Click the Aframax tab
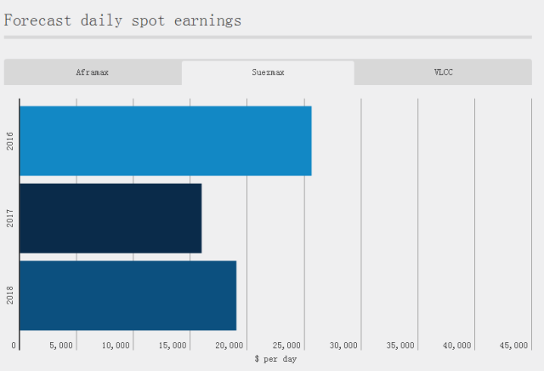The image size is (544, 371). pos(92,72)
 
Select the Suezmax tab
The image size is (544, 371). pos(268,72)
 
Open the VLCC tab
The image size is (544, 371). pos(443,72)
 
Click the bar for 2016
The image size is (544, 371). pos(165,140)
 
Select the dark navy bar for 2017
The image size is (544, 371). pos(110,218)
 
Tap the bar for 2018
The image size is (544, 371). pos(127,295)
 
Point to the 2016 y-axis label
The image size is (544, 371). pos(10,141)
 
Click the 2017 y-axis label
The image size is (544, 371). pos(10,219)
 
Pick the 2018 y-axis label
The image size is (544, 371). pos(10,296)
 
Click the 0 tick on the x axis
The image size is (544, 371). pos(14,345)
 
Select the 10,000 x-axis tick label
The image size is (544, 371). pos(116,345)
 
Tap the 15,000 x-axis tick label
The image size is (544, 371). pos(173,345)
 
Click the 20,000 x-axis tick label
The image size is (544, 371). pos(230,345)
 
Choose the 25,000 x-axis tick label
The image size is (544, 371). pos(287,345)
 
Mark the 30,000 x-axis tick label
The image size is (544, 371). pos(344,345)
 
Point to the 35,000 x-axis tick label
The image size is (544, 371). pos(401,345)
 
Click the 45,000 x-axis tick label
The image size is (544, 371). pos(514,345)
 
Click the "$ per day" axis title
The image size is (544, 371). pos(275,359)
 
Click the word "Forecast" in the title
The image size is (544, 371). pos(35,20)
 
